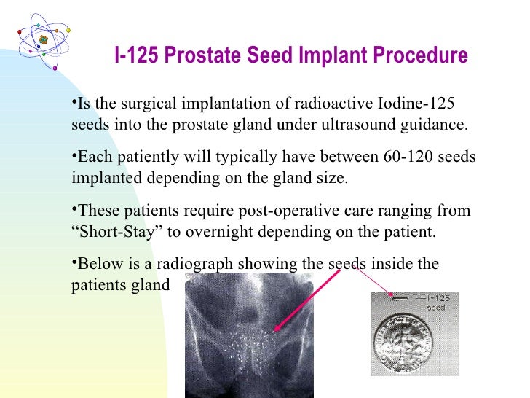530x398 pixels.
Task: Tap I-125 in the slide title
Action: [138, 55]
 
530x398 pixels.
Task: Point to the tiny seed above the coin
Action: [399, 297]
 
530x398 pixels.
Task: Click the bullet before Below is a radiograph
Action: [74, 263]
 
